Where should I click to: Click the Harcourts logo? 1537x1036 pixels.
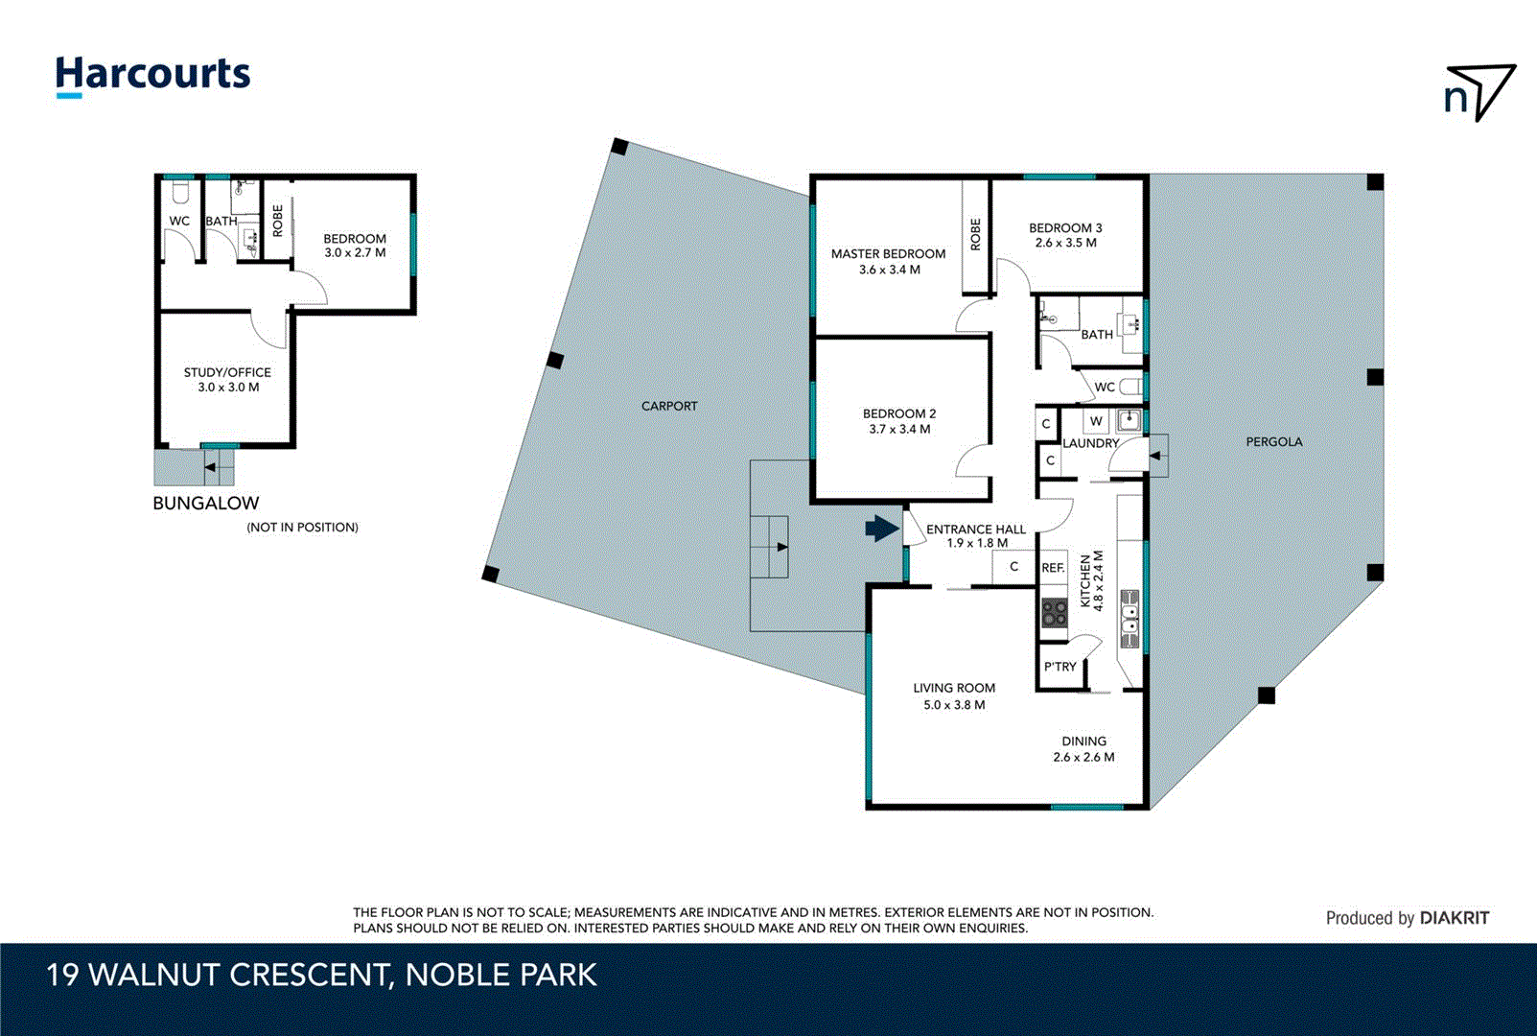(152, 75)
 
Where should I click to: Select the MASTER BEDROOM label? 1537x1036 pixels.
(888, 254)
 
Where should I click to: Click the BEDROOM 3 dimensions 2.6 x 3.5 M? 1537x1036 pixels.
(1065, 243)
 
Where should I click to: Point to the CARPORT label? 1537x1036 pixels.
(669, 406)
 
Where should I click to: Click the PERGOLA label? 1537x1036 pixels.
(1273, 442)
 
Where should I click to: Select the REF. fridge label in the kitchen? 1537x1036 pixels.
(1053, 568)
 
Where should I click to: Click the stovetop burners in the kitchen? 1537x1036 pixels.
(1055, 613)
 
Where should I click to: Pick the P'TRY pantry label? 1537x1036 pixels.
(1060, 667)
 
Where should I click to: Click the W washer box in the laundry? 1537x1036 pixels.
(1096, 421)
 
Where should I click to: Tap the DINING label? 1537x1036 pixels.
(1083, 742)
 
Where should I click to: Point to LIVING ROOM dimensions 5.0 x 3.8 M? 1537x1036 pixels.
(954, 705)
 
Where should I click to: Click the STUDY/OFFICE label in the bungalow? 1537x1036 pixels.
(227, 372)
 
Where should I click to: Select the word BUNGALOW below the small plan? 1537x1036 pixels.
(206, 503)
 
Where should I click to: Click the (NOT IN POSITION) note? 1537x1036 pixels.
(302, 528)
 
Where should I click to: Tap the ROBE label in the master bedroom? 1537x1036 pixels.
(976, 234)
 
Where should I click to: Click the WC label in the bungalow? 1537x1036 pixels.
(179, 221)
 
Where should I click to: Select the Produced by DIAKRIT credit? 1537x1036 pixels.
(1407, 918)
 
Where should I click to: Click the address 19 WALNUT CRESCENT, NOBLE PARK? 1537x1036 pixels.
(321, 975)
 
